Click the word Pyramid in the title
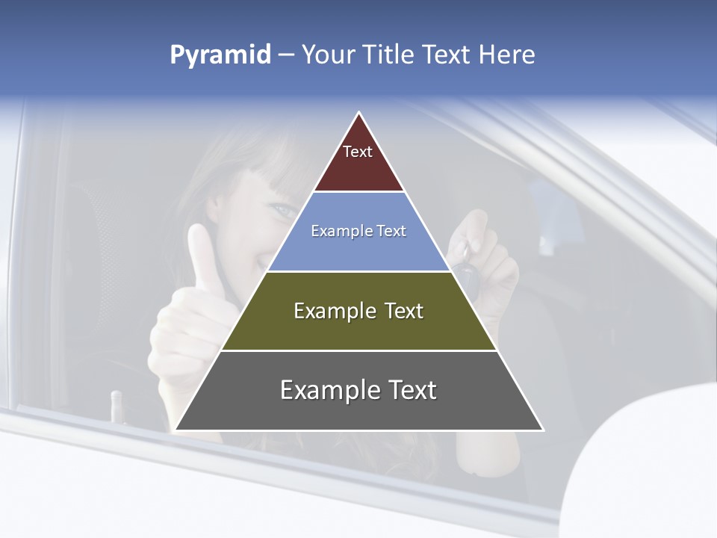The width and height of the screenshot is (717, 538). (x=220, y=55)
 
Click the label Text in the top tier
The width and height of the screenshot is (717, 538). (x=358, y=152)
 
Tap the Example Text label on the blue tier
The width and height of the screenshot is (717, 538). (x=358, y=231)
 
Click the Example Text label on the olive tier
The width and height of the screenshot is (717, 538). (x=358, y=311)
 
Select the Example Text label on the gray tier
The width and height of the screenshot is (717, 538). (x=358, y=390)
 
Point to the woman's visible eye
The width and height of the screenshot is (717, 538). (x=285, y=211)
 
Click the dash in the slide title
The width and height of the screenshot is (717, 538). (x=285, y=55)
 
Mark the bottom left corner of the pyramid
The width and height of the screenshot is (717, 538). (x=176, y=430)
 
